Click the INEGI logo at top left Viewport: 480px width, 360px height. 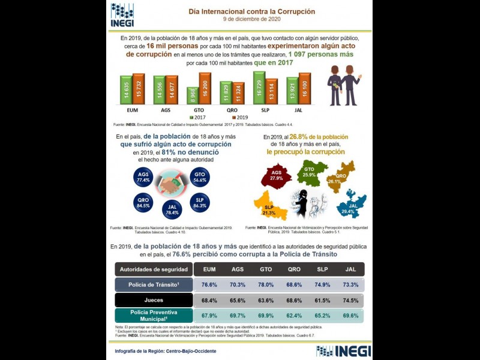coord(122,14)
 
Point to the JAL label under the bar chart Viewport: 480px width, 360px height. coord(299,110)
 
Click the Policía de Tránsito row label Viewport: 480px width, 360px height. coord(154,284)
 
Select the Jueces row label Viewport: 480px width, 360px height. coord(154,300)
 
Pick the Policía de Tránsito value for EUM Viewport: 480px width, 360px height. coord(209,284)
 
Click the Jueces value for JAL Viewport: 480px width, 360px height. coord(351,300)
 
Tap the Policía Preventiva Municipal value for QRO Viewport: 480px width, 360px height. coord(294,316)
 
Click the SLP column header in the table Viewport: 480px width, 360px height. coord(323,269)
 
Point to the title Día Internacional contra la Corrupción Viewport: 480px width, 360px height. coord(251,11)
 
